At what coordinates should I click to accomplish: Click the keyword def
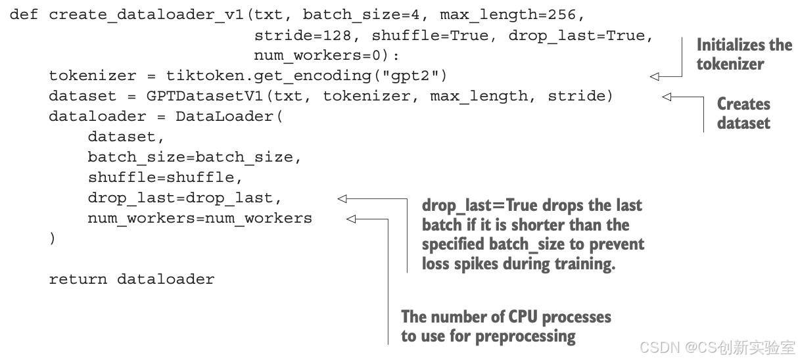pos(24,14)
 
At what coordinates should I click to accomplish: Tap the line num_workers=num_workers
pos(200,219)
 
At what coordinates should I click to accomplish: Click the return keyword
pos(78,279)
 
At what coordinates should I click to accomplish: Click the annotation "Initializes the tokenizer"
pos(743,55)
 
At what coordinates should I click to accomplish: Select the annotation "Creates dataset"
pos(743,113)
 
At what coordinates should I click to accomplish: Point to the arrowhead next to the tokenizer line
pos(654,76)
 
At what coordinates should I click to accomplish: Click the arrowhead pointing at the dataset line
pos(667,97)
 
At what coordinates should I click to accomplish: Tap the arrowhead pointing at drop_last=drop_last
pos(342,198)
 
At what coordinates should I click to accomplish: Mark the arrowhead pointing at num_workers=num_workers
pos(351,219)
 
